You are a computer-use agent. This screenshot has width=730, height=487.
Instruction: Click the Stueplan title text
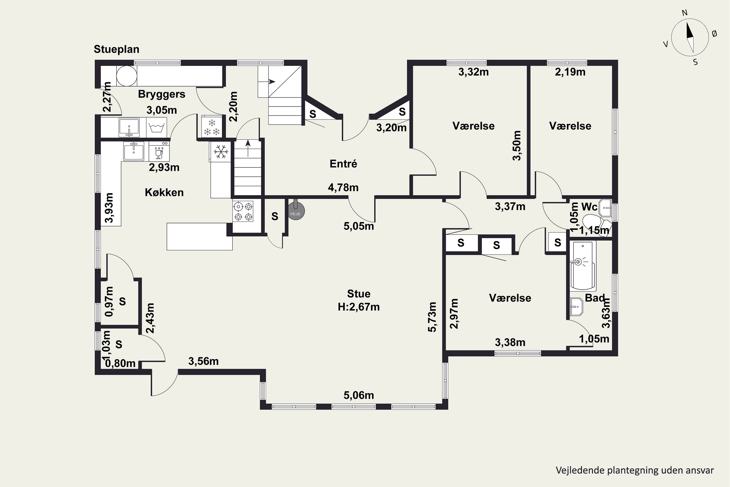[116, 49]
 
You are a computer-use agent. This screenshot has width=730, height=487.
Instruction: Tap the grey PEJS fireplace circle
[296, 212]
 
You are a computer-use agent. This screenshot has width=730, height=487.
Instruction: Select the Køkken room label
[164, 193]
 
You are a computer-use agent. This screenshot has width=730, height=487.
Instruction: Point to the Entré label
[343, 164]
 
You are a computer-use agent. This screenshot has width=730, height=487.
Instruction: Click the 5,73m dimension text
[432, 317]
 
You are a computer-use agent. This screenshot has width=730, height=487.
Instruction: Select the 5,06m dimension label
[359, 395]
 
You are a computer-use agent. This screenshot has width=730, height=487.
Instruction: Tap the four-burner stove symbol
[243, 211]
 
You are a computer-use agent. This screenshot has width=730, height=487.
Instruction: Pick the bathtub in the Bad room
[583, 266]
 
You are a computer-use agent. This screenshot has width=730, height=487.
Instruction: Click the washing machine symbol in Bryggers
[156, 127]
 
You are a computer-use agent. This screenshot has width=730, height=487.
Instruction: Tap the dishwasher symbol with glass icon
[159, 151]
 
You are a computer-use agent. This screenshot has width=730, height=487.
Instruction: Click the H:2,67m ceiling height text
[359, 307]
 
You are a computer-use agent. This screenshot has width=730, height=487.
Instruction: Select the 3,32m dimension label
[473, 72]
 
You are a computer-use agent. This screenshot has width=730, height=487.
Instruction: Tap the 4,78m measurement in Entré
[343, 187]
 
